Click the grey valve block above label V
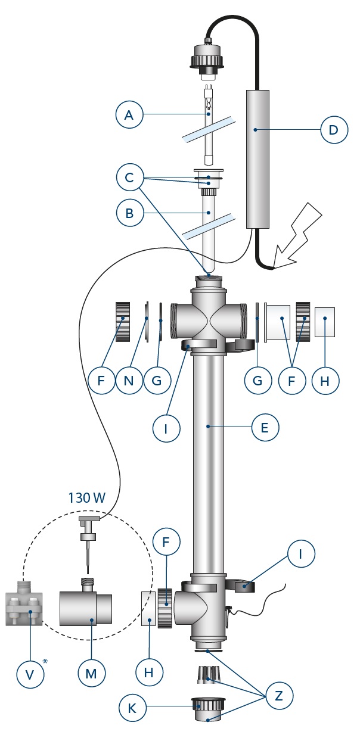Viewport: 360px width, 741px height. click(23, 609)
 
